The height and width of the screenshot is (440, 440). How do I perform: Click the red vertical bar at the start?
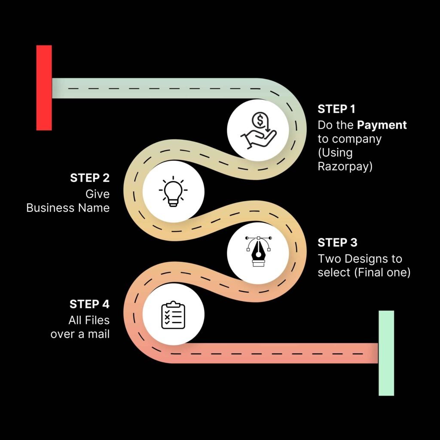tap(44, 88)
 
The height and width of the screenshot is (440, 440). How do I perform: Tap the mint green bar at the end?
tap(386, 353)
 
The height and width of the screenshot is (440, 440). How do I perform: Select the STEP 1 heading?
tap(337, 109)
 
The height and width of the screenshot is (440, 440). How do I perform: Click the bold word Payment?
tap(382, 125)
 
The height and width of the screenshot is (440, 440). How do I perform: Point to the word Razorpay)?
tap(345, 166)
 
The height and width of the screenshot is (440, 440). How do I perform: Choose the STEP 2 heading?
tap(90, 178)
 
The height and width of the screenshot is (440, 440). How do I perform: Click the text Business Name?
tap(68, 208)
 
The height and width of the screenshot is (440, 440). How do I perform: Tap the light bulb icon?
tap(173, 192)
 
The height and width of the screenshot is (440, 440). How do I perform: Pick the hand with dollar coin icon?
tap(257, 131)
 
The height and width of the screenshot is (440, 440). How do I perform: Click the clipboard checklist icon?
tap(173, 315)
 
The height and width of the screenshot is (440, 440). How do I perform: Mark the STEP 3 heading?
tap(337, 243)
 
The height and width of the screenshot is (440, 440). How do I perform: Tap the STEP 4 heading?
tap(89, 304)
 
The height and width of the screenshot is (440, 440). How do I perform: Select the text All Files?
tap(89, 320)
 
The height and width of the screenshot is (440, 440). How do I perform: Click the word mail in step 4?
tap(99, 334)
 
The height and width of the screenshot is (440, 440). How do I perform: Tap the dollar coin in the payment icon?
tap(258, 120)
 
